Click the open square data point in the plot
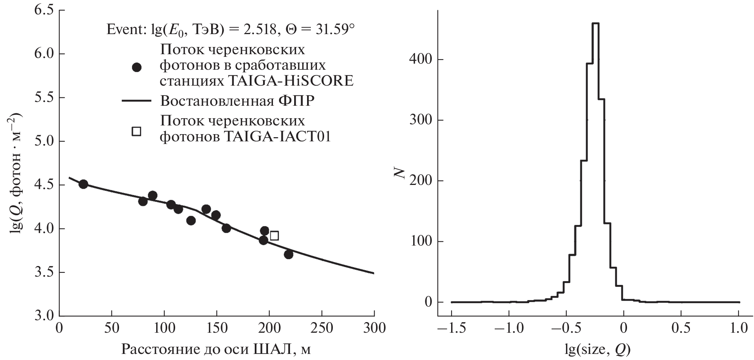(274, 236)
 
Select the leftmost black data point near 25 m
(83, 184)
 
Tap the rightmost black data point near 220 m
(288, 255)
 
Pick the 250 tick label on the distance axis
(322, 328)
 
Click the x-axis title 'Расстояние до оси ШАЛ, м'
(216, 349)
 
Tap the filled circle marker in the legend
(136, 67)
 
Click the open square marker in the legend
(136, 131)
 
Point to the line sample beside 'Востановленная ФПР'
(136, 101)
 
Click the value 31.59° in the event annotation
(333, 30)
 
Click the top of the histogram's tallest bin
(595, 23)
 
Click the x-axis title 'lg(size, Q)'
(596, 349)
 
